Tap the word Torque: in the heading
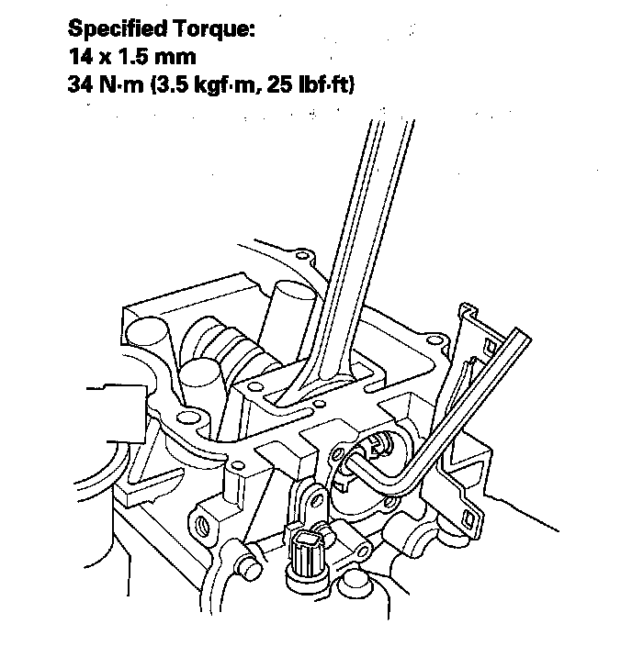(214, 29)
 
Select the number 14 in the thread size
(81, 57)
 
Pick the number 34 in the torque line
(82, 84)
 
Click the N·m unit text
(121, 84)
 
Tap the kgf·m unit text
(225, 85)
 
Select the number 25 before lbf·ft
(280, 84)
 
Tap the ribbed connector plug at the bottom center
(309, 555)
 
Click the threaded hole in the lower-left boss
(203, 523)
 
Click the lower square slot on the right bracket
(468, 519)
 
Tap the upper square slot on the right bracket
(490, 346)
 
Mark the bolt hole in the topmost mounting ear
(301, 255)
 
